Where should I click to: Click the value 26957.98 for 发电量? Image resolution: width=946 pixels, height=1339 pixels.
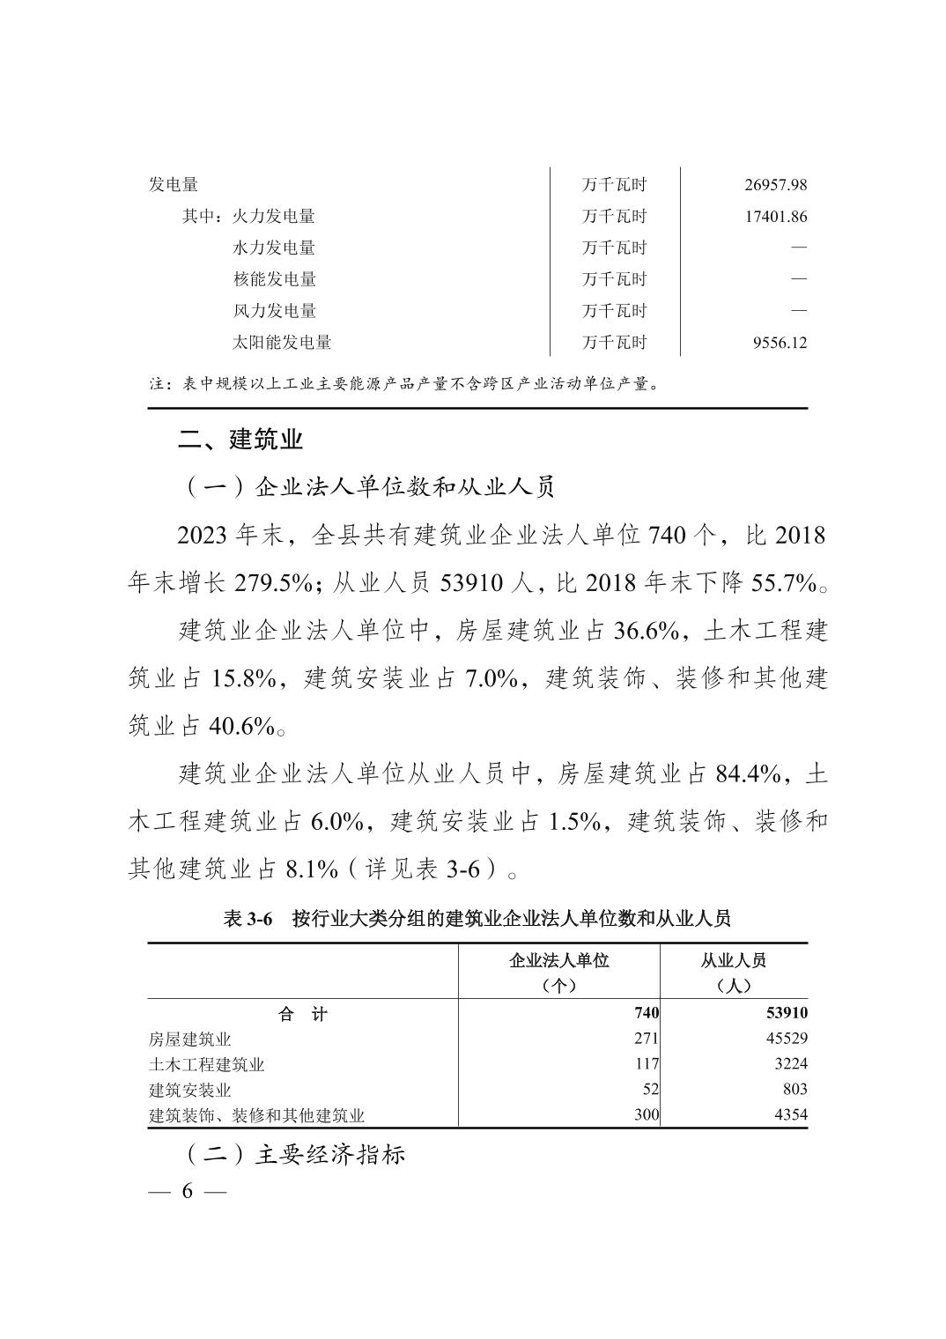pyautogui.click(x=775, y=185)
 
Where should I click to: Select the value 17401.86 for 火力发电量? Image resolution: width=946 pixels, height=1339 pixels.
pyautogui.click(x=775, y=217)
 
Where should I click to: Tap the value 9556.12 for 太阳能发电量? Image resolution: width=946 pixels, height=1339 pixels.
pyautogui.click(x=780, y=343)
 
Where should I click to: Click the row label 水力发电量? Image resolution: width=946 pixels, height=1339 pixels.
pyautogui.click(x=274, y=248)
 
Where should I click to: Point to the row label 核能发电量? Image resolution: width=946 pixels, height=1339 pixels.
pyautogui.click(x=274, y=279)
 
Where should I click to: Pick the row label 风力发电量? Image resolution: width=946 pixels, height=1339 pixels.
pyautogui.click(x=274, y=311)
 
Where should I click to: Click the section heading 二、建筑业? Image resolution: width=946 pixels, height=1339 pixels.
pyautogui.click(x=240, y=440)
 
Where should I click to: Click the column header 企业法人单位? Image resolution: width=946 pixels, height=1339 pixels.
pyautogui.click(x=559, y=960)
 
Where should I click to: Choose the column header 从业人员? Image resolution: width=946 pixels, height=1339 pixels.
pyautogui.click(x=734, y=960)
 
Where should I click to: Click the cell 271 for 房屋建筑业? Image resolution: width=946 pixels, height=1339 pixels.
pyautogui.click(x=646, y=1039)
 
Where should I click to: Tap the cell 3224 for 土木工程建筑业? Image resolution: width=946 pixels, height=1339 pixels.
pyautogui.click(x=790, y=1064)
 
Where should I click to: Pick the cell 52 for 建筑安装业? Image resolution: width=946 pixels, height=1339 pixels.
pyautogui.click(x=650, y=1090)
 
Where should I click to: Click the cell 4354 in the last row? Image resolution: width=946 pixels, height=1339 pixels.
pyautogui.click(x=790, y=1115)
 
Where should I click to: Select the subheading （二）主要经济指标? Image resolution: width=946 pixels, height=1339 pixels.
pyautogui.click(x=292, y=1155)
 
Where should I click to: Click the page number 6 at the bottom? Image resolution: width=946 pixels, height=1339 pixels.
pyautogui.click(x=187, y=1192)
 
